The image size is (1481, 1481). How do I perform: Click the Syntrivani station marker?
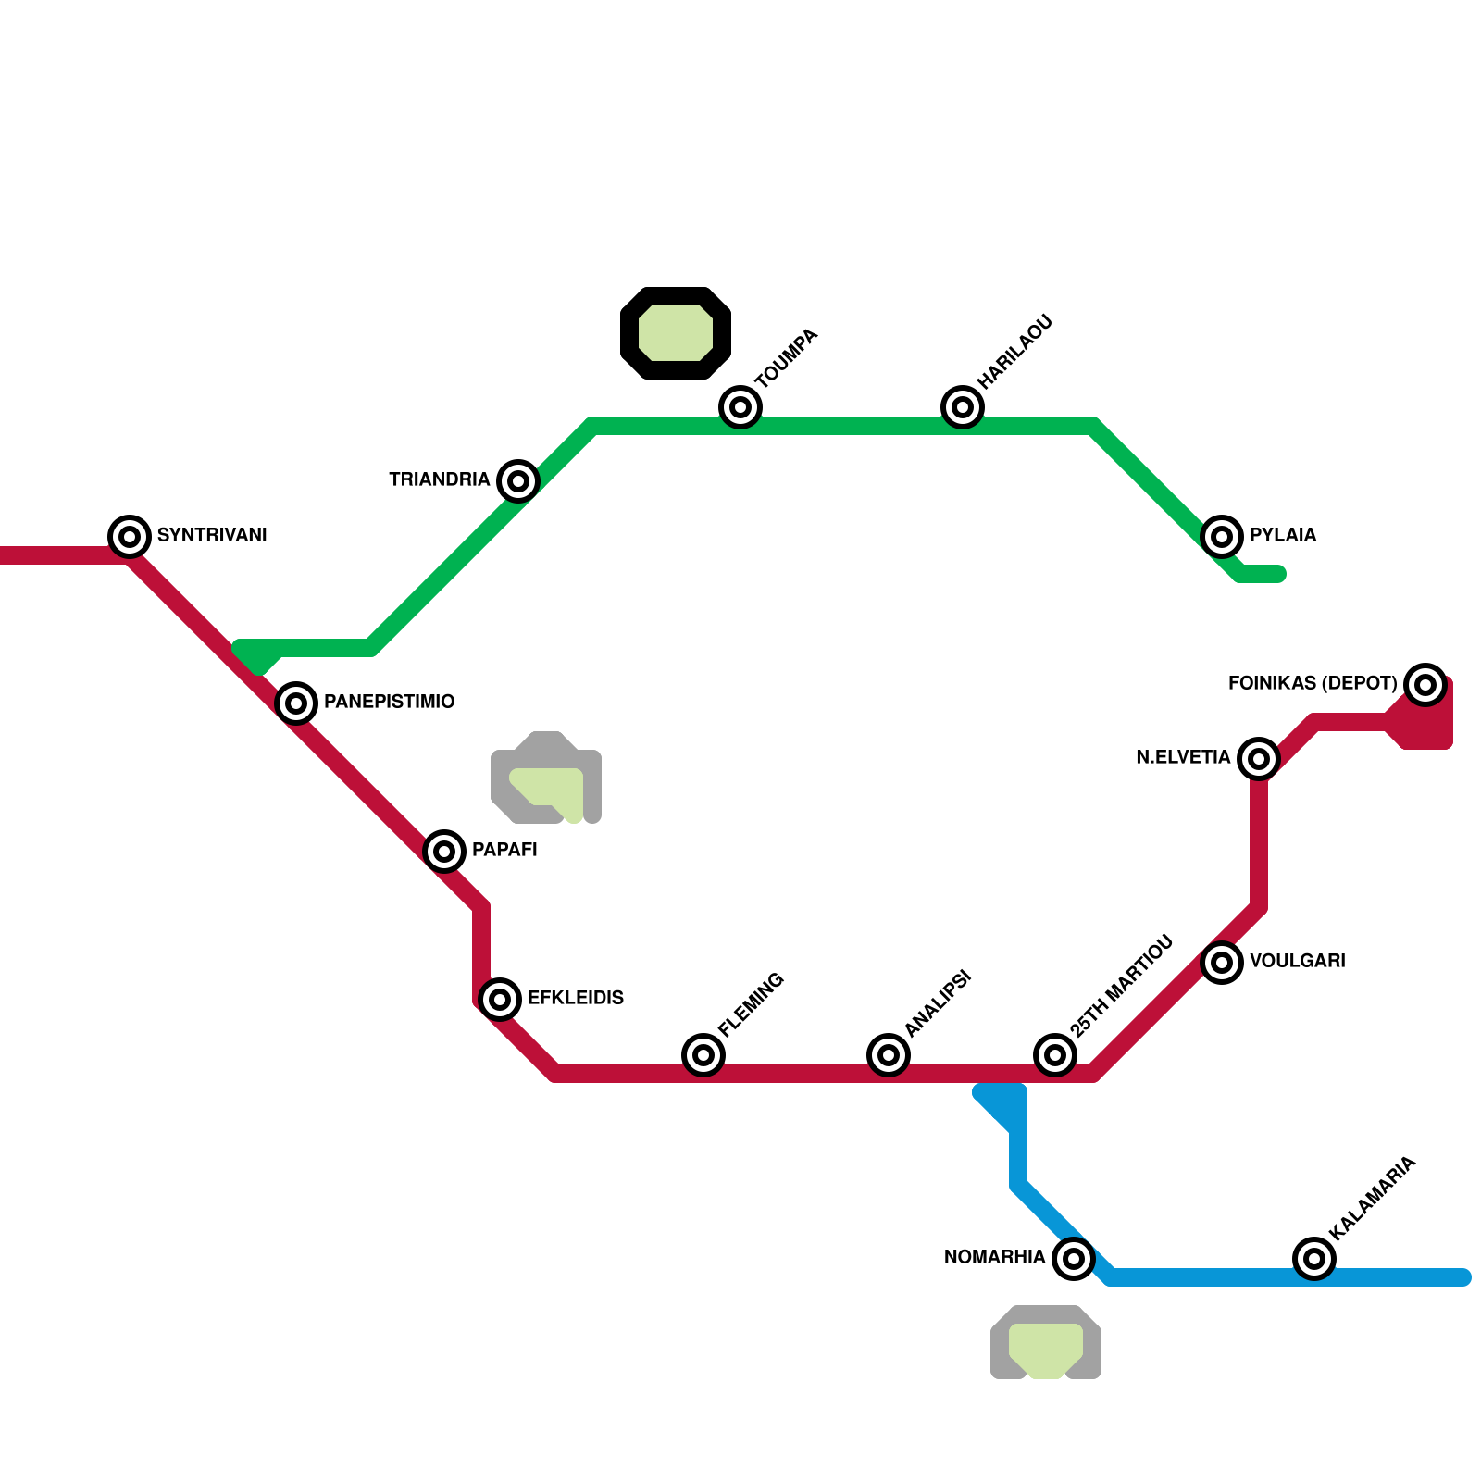[x=130, y=536]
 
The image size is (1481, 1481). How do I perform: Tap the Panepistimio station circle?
[x=296, y=703]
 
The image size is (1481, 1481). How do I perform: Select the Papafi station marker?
[x=444, y=851]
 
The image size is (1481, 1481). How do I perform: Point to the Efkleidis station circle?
[x=500, y=999]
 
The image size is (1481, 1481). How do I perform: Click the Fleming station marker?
[x=703, y=1054]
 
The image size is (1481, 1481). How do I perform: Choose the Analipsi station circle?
[x=889, y=1054]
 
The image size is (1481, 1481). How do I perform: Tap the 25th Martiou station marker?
[x=1055, y=1054]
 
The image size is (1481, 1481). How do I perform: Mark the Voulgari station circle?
[x=1222, y=962]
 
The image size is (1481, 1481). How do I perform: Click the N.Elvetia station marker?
[x=1259, y=758]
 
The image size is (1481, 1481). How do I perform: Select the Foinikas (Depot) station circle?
[x=1425, y=684]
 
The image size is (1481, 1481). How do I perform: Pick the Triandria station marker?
[x=518, y=480]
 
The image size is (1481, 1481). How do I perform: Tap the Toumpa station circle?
[x=740, y=406]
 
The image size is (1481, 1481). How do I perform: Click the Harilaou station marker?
[x=963, y=406]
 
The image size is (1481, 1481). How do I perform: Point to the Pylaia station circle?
[x=1222, y=536]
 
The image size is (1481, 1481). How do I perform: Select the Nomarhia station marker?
[x=1074, y=1258]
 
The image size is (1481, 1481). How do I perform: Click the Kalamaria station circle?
[x=1314, y=1258]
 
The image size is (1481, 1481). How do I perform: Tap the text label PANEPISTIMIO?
[x=389, y=702]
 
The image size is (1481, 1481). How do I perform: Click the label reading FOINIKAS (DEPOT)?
[x=1312, y=683]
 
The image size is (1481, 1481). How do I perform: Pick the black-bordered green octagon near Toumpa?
[x=676, y=333]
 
